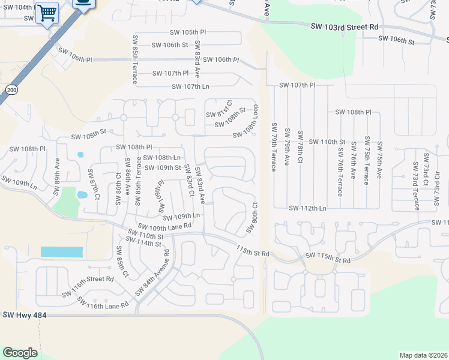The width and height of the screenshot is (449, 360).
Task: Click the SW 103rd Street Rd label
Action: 345,27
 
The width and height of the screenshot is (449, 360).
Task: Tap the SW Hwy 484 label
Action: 25,315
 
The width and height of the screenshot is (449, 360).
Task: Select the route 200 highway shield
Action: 11,89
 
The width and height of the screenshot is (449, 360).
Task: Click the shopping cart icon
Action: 47,12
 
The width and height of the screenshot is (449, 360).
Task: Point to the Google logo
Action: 20,353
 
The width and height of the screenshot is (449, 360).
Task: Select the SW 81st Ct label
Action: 218,109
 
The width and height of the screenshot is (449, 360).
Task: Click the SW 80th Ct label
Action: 252,217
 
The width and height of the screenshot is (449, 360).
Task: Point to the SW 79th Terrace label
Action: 273,147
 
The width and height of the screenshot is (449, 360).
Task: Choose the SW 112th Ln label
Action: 307,208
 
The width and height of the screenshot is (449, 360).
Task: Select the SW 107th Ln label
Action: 190,86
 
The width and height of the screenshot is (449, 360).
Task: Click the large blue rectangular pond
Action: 62,252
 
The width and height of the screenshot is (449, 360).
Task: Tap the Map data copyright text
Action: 422,355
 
